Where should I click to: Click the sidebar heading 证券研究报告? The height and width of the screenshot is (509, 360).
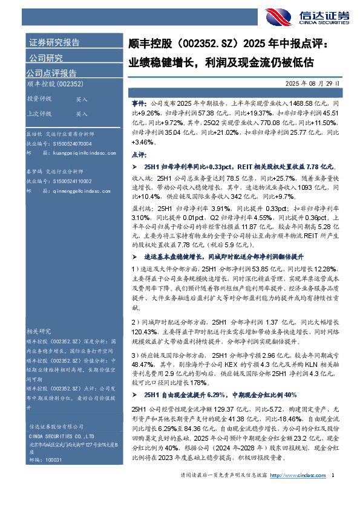click(x=54, y=43)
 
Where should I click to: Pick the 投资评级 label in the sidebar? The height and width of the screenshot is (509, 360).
click(x=38, y=99)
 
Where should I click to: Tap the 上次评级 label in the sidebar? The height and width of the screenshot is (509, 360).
click(x=38, y=113)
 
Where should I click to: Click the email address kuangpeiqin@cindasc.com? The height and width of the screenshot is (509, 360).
click(x=73, y=154)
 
